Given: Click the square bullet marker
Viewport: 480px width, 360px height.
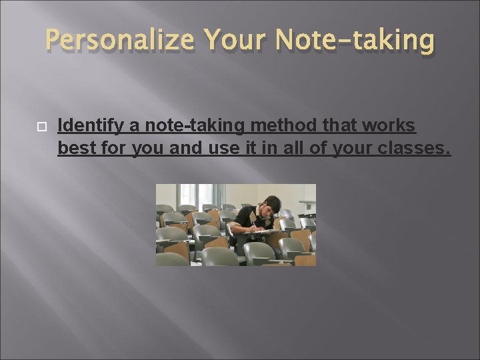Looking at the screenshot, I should pos(31,125).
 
